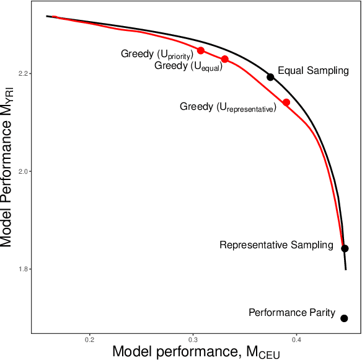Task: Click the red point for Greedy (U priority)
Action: (200, 50)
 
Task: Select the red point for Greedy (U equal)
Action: (225, 60)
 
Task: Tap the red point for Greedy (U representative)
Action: (286, 102)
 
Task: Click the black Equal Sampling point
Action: (270, 77)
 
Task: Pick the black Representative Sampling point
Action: (345, 248)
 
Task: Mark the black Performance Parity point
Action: (344, 318)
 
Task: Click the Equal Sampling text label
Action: (313, 71)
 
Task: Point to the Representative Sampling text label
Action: (276, 245)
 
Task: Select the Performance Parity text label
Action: (292, 313)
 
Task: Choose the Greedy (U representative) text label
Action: (227, 107)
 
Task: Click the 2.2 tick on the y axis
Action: (24, 73)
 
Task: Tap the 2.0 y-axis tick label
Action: (24, 171)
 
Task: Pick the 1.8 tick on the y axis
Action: (24, 269)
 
